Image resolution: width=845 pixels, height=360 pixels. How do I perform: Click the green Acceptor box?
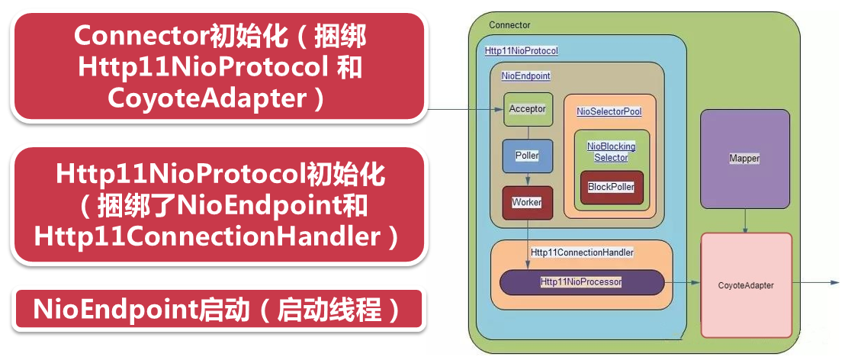point(528,109)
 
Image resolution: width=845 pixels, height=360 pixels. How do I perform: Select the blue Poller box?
point(528,156)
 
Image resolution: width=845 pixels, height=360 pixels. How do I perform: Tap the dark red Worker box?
point(528,202)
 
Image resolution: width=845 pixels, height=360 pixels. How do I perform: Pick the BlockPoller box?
point(611,187)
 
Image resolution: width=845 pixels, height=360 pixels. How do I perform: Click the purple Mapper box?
point(744,159)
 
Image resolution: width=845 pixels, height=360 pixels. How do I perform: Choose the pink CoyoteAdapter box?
point(746,285)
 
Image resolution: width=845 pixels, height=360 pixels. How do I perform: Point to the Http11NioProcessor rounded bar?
point(581,282)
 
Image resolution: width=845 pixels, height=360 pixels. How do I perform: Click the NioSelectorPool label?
point(609,111)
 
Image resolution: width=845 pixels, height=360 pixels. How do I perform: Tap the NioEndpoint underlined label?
point(525,76)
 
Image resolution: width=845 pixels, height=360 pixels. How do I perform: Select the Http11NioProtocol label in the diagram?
point(522,51)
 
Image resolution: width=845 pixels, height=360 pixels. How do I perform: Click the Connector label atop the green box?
point(509,26)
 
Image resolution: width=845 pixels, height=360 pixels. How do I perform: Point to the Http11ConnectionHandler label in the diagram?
point(582,252)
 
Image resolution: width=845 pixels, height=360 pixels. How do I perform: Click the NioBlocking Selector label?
point(611,152)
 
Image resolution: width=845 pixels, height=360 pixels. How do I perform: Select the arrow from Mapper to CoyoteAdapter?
point(744,220)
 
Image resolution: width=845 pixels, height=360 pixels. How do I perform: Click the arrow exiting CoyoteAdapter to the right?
point(815,282)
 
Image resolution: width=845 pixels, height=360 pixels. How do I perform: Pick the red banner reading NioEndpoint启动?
point(217,310)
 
